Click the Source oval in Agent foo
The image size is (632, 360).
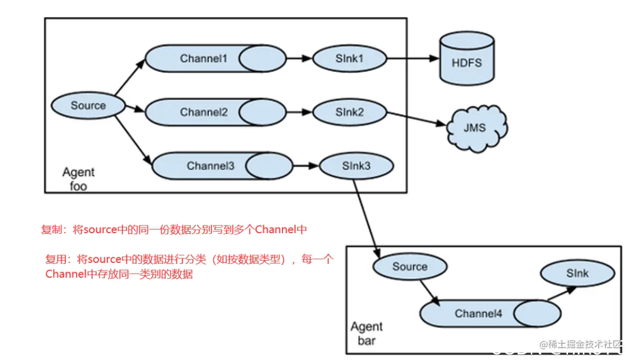click(x=88, y=106)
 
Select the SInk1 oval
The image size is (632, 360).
click(x=350, y=59)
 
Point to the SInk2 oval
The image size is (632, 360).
click(x=350, y=112)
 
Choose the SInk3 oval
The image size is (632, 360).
click(x=356, y=166)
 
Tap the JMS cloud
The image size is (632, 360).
click(x=474, y=127)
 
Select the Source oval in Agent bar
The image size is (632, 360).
click(x=409, y=267)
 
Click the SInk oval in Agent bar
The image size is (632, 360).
click(x=577, y=274)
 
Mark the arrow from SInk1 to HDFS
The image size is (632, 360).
click(x=412, y=59)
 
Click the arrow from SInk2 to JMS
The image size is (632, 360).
click(x=416, y=119)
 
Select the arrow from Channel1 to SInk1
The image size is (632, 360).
click(x=299, y=59)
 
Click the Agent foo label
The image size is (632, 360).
click(x=78, y=179)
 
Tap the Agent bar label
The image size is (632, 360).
click(x=366, y=333)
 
